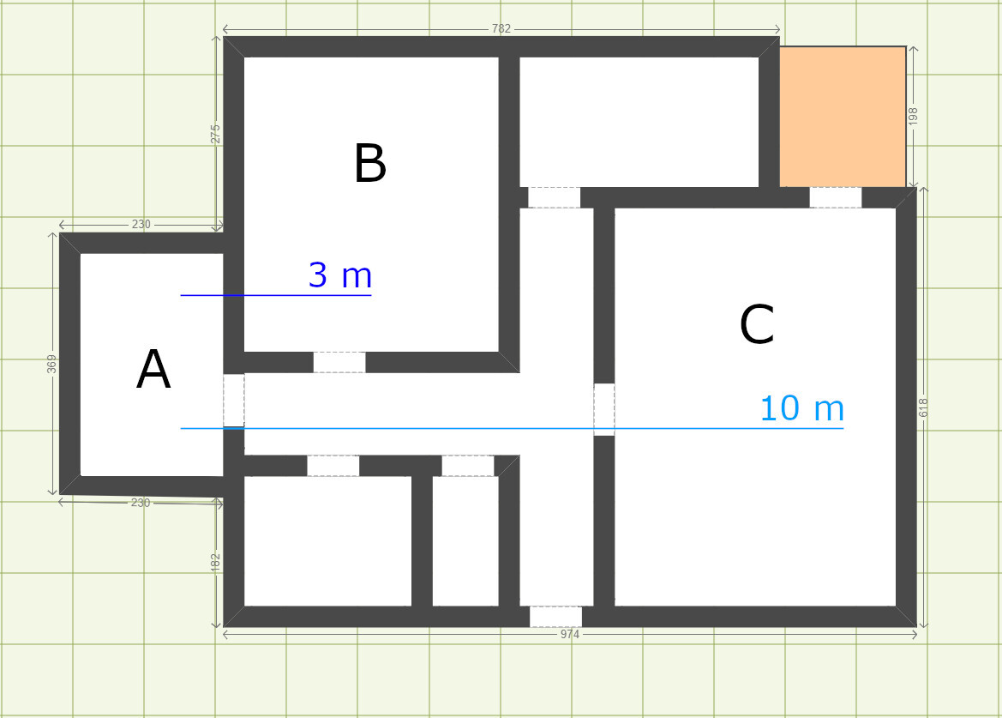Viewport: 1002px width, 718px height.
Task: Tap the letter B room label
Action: tap(370, 163)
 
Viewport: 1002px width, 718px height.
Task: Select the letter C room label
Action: tap(757, 325)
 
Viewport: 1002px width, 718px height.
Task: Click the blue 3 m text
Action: tap(340, 275)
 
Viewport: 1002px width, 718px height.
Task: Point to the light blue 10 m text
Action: tap(802, 408)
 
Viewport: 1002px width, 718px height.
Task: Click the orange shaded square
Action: tap(843, 117)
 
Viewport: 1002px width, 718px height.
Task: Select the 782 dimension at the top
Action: tap(501, 29)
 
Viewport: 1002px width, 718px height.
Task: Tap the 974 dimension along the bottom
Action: tap(570, 634)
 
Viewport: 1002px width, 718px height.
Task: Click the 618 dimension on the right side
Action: tap(923, 408)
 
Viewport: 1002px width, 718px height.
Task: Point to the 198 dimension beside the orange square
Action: tap(913, 116)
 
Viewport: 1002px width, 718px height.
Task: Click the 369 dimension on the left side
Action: tap(51, 364)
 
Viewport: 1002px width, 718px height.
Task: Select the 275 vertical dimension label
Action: tap(216, 135)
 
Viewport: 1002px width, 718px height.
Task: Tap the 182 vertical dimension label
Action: tap(215, 564)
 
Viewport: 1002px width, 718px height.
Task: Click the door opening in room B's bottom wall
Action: tap(339, 363)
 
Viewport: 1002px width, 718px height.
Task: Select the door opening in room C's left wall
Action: tap(604, 410)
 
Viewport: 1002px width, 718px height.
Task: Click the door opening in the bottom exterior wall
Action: tap(556, 617)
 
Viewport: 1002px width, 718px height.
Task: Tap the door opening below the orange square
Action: tap(835, 197)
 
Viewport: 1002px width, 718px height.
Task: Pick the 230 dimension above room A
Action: tap(141, 225)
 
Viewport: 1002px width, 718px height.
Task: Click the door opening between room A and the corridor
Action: tap(234, 401)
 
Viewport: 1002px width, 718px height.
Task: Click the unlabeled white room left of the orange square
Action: tap(639, 122)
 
